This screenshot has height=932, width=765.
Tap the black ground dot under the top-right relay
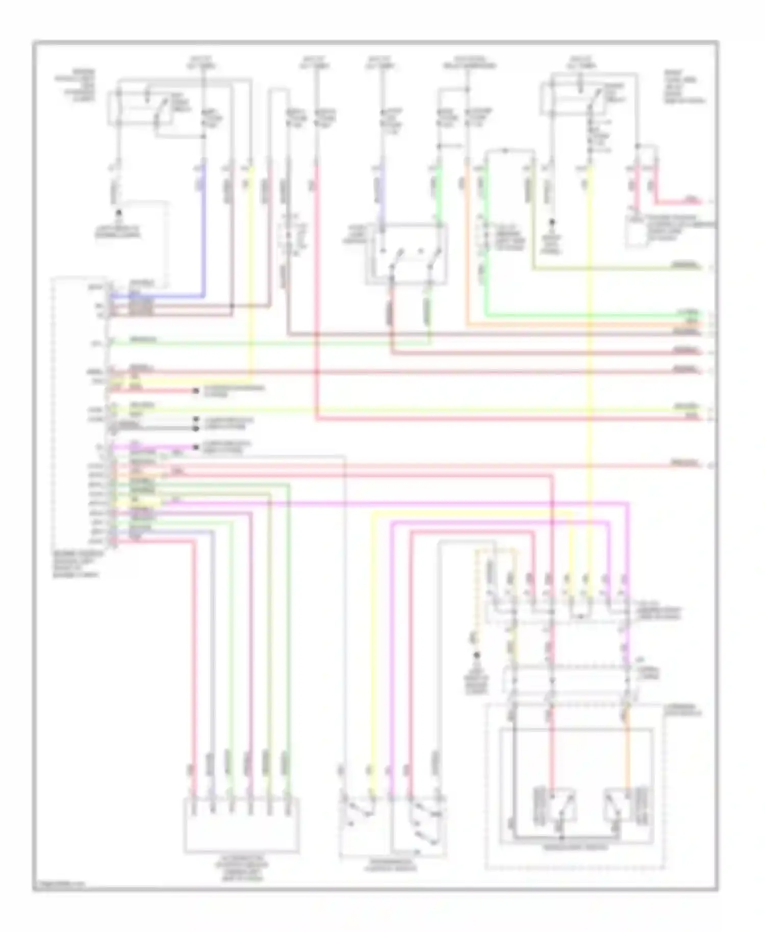pos(552,223)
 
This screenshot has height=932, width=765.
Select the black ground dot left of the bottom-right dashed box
pos(477,655)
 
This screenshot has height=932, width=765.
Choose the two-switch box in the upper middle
pos(407,253)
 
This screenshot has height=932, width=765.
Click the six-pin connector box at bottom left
pos(241,825)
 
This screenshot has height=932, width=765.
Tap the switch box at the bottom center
pos(393,825)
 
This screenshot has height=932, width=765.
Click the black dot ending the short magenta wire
pos(195,447)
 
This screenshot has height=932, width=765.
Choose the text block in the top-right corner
pos(683,87)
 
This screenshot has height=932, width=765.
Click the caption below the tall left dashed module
pos(77,564)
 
